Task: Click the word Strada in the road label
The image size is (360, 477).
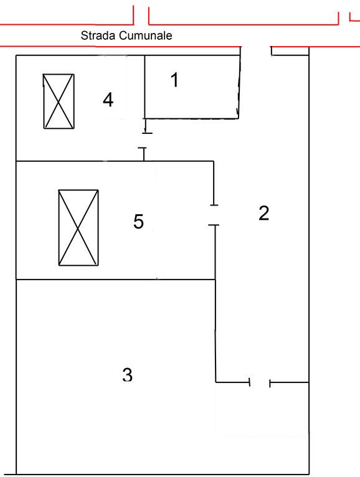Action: [x=98, y=35]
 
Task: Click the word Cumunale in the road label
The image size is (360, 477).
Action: [x=146, y=35]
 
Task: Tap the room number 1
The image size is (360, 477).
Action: [x=174, y=80]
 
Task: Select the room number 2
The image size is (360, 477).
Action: [x=264, y=213]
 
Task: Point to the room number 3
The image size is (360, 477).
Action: [x=128, y=374]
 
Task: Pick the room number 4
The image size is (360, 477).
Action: [x=108, y=100]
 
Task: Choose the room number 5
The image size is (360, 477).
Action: [x=138, y=221]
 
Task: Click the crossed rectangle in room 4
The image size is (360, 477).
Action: [x=59, y=102]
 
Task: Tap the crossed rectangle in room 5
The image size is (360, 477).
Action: [x=78, y=227]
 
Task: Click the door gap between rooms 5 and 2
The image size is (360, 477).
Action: [x=214, y=215]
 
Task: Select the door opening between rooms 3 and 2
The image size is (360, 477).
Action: [x=260, y=382]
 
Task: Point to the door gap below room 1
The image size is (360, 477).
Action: [x=145, y=141]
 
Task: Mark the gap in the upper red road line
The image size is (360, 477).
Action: [x=141, y=15]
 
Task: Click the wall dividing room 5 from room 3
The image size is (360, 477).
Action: [x=116, y=279]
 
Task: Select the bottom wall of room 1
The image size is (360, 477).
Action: [x=191, y=118]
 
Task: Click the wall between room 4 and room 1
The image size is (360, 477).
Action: [x=144, y=87]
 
